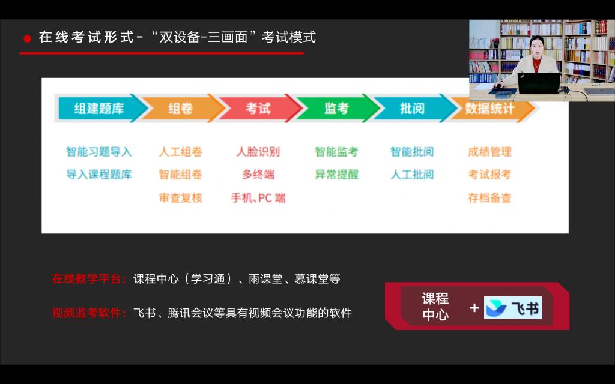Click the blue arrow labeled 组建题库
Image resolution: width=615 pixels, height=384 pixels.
[99, 108]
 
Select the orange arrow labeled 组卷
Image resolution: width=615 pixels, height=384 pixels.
[180, 108]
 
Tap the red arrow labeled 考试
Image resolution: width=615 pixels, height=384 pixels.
[258, 108]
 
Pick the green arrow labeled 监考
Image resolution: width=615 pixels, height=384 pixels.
[336, 108]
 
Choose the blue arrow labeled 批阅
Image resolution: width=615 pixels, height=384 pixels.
[412, 108]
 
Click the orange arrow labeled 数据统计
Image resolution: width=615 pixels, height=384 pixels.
[490, 108]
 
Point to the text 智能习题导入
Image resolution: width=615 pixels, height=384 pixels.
[99, 152]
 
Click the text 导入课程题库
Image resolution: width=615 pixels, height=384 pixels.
[99, 175]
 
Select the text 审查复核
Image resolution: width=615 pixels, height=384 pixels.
[180, 198]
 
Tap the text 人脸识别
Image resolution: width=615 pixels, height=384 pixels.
[258, 152]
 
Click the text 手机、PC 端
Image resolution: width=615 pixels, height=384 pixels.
[258, 198]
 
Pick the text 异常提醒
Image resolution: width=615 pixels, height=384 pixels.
[336, 175]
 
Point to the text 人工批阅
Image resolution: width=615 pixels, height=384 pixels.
[412, 175]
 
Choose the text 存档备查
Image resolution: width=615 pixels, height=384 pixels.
[490, 198]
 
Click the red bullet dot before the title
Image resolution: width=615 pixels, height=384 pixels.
[28, 38]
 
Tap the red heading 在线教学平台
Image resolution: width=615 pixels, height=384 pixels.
[89, 278]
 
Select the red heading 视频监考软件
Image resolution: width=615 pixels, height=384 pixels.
[89, 313]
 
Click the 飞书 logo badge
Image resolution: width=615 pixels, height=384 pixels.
[513, 308]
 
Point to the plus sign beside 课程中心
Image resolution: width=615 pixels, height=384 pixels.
[474, 308]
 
